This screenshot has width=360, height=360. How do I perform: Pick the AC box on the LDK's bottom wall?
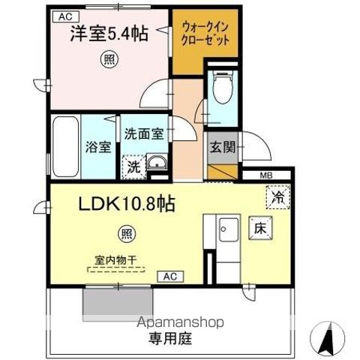click(169, 277)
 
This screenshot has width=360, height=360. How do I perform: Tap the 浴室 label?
click(98, 147)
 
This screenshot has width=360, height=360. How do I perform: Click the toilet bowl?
click(222, 92)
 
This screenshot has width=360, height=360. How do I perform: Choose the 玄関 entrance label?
click(223, 147)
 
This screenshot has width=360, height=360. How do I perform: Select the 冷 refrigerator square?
click(277, 199)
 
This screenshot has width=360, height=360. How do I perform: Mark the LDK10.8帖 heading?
click(124, 203)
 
